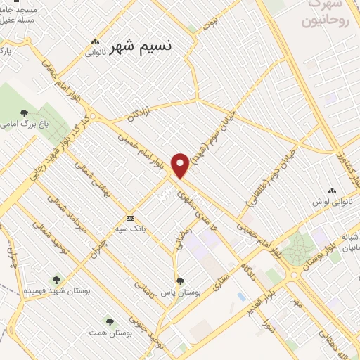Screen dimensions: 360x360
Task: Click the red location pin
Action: pyautogui.click(x=181, y=165)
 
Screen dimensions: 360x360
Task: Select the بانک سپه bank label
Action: pyautogui.click(x=129, y=229)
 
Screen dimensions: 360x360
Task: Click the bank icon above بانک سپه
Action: pyautogui.click(x=129, y=218)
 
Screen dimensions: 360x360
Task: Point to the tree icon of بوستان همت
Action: pyautogui.click(x=109, y=321)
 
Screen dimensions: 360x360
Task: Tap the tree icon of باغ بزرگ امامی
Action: pyautogui.click(x=25, y=112)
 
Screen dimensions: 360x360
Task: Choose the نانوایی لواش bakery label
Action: pyautogui.click(x=332, y=201)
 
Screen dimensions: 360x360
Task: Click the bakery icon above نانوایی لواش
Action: pyautogui.click(x=332, y=190)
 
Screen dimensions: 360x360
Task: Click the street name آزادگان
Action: pyautogui.click(x=137, y=112)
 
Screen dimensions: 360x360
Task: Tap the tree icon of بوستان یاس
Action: pyautogui.click(x=181, y=281)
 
